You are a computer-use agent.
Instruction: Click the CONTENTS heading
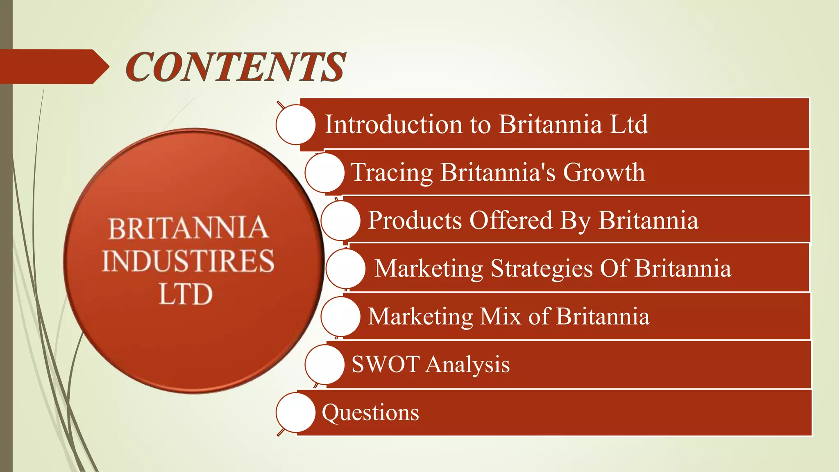tap(236, 67)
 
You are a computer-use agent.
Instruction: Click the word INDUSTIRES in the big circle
tap(188, 261)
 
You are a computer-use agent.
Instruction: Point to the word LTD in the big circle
tap(186, 294)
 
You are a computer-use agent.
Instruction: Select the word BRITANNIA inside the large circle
tap(188, 228)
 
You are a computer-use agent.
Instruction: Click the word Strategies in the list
tap(542, 268)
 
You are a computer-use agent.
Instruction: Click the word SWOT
tap(385, 364)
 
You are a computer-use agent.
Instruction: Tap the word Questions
tap(370, 412)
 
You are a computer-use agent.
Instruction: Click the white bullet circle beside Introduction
tap(295, 124)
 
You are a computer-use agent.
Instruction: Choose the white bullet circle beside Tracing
tap(324, 172)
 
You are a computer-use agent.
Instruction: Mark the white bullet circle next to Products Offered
tap(340, 220)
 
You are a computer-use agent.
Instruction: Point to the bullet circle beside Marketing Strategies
tap(345, 268)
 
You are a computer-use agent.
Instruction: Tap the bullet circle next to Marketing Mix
tap(340, 316)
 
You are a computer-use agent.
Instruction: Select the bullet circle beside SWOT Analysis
tap(324, 364)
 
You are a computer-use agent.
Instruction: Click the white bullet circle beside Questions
tap(295, 412)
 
